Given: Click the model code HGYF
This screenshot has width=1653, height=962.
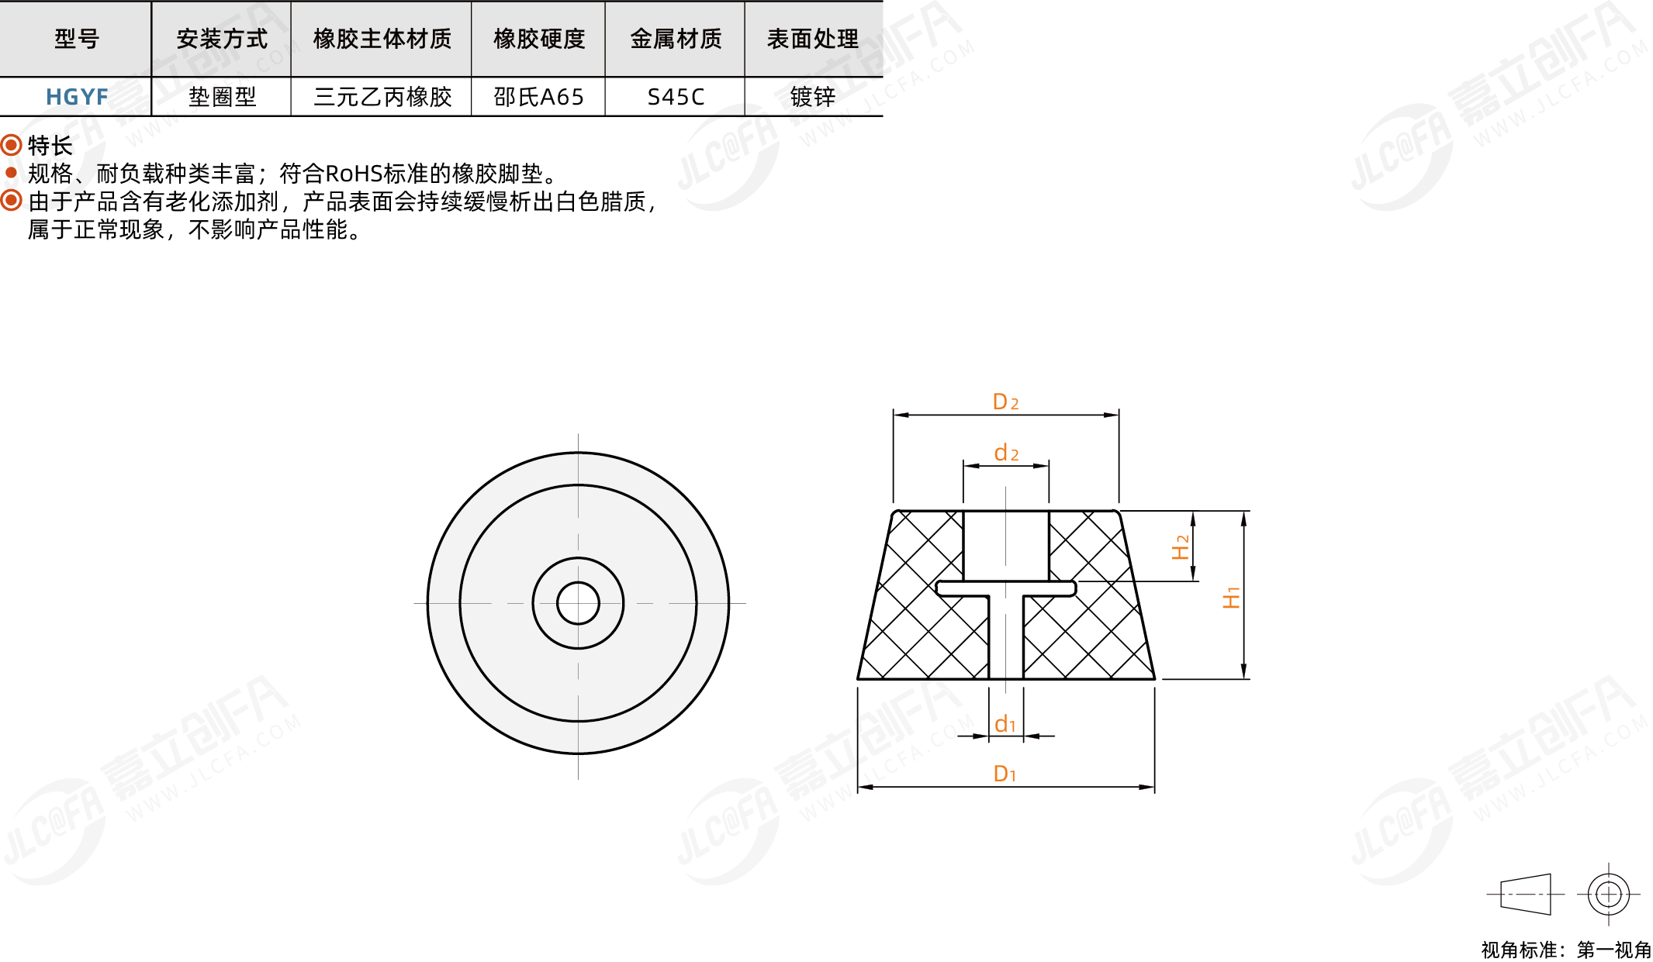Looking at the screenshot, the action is [77, 97].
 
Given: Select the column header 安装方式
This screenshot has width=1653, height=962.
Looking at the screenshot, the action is [222, 39].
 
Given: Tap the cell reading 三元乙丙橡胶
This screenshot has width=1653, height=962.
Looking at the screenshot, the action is [382, 97].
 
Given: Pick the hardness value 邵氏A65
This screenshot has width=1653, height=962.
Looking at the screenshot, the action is [538, 97].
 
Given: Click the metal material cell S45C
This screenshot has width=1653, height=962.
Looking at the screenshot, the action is [676, 97].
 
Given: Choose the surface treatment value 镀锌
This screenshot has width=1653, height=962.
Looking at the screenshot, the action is [813, 97].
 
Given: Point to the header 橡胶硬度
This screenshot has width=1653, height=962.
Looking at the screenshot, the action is [539, 39].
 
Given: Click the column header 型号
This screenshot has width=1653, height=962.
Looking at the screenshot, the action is [77, 39].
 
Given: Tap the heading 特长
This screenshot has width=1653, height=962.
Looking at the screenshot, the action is [50, 145].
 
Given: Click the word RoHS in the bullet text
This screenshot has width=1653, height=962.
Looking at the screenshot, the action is [354, 174].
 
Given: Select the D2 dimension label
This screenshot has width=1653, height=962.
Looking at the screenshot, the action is [1005, 402].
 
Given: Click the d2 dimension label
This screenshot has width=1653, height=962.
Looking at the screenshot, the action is [1006, 452].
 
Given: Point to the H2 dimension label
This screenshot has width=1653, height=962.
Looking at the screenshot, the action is [1180, 547].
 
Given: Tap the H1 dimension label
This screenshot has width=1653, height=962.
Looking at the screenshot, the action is [1231, 598].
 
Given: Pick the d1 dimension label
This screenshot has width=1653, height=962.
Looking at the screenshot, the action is [1005, 723].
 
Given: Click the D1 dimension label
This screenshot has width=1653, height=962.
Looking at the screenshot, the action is [1005, 773].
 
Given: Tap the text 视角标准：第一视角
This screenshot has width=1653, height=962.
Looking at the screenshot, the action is [1566, 950].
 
